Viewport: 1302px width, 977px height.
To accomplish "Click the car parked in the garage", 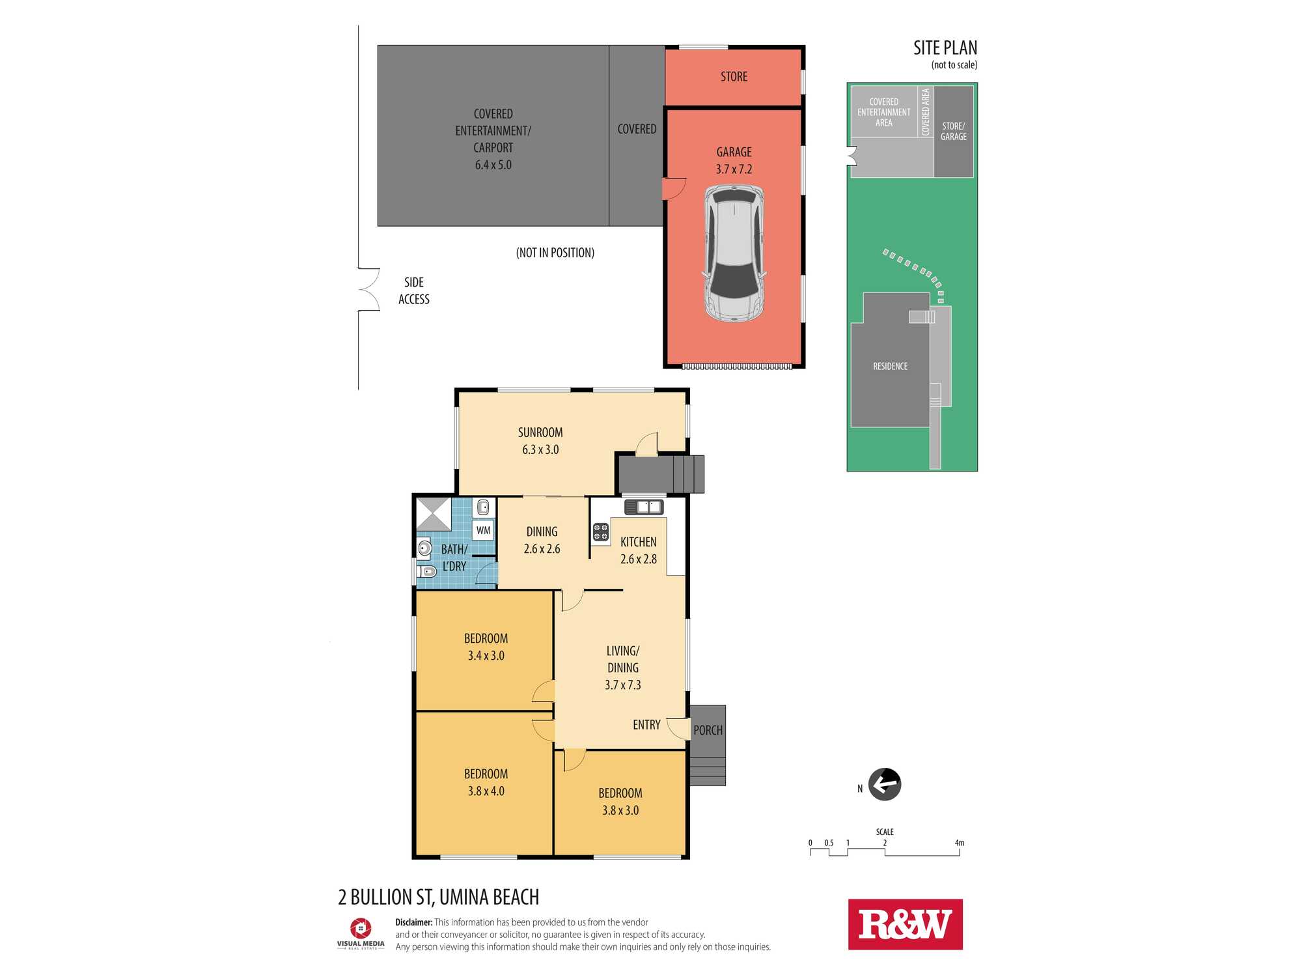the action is point(734,253).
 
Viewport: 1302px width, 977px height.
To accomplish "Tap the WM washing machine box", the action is point(483,530).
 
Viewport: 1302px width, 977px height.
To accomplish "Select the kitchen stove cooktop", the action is point(600,532).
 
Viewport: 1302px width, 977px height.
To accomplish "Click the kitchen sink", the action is point(644,507).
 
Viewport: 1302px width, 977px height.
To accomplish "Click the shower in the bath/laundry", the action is point(434,514).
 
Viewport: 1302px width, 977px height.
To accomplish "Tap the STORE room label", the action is point(734,77).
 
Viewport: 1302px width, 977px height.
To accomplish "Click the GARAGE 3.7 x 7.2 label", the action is point(734,160).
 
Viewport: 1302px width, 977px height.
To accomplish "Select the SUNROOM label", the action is point(540,432).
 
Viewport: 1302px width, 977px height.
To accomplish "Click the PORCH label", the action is point(708,730).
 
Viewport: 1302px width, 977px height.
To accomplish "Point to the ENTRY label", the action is point(646,725).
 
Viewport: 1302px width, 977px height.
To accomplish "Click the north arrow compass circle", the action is point(885,784).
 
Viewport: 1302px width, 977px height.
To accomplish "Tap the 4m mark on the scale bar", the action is point(960,843).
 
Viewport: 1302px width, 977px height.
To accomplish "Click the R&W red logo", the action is point(905,924).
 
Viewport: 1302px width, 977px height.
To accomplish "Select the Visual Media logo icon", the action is point(361,928).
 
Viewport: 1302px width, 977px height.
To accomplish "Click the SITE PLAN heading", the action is point(945,48).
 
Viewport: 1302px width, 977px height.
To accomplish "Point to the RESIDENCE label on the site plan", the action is point(890,367).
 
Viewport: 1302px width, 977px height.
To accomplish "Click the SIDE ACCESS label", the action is point(414,290).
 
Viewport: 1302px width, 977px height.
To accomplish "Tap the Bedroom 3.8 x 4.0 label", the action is point(486,782).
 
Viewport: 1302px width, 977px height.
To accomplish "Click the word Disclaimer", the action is point(414,922).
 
